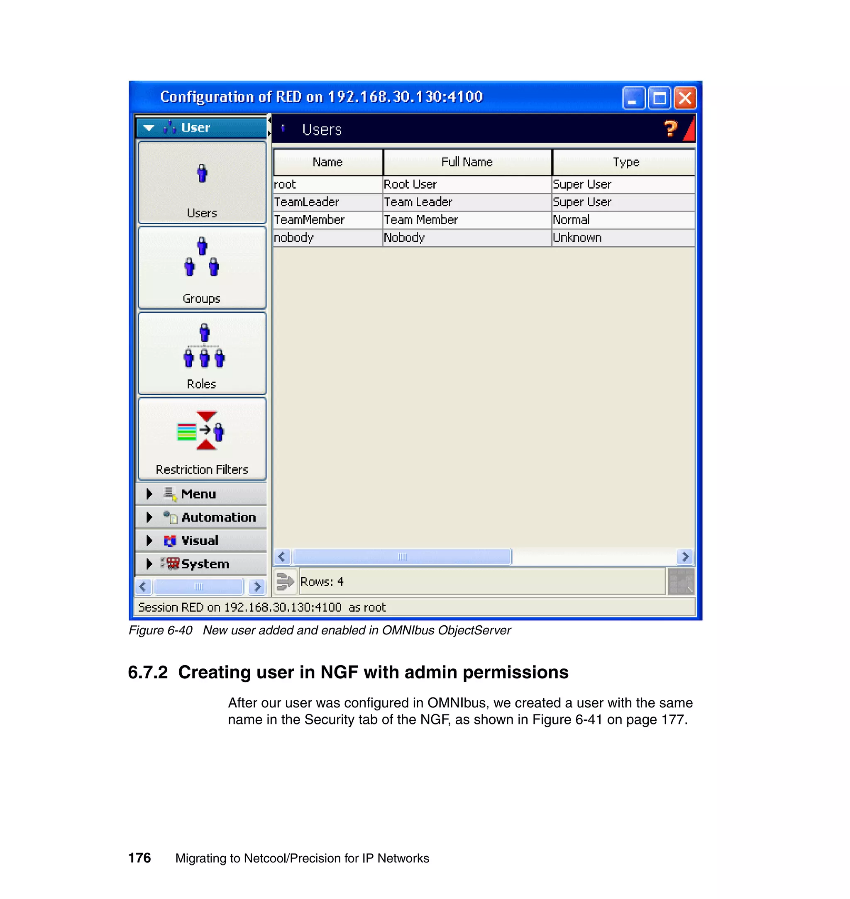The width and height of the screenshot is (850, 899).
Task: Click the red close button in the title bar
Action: tap(685, 98)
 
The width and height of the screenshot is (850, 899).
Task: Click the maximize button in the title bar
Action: tap(659, 98)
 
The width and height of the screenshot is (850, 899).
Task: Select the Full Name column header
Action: tap(467, 162)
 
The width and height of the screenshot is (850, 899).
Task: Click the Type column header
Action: tap(625, 162)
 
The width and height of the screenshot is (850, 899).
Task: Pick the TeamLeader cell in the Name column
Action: tap(307, 202)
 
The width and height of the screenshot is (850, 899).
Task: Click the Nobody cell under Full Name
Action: tap(404, 238)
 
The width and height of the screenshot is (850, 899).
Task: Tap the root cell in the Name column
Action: tap(285, 184)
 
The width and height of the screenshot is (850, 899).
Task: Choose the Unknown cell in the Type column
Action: tap(577, 238)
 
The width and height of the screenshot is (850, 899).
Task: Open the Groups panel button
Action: tap(202, 268)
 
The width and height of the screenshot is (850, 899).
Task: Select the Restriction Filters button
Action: tap(202, 439)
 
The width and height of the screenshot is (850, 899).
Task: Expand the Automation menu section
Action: tap(218, 518)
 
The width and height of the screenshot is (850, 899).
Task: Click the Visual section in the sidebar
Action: tap(199, 540)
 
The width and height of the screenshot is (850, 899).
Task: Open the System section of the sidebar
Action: tap(205, 564)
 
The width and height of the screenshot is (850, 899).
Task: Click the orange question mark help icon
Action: tap(670, 129)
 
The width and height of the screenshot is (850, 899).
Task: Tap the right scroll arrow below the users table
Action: tap(685, 556)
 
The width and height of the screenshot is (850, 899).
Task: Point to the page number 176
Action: tap(139, 858)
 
